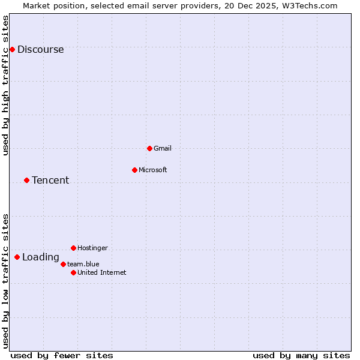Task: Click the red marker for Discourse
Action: pos(12,49)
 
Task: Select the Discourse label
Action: pos(40,50)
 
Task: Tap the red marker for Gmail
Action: pos(149,148)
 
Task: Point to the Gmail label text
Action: pos(163,148)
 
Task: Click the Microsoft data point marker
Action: pos(134,170)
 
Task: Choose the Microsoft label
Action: pos(152,170)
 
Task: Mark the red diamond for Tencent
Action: pos(26,180)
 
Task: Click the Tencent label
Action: pos(50,181)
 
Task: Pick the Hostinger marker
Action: pos(73,248)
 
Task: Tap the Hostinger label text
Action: pos(92,248)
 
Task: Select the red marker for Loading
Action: pos(17,257)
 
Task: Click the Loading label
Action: pos(41,257)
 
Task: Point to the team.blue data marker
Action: pos(63,264)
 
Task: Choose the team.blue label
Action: pos(83,264)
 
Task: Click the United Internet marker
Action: pos(73,272)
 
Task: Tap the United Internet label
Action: pos(101,272)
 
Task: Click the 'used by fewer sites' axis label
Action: pos(62,355)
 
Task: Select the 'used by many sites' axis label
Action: pos(301,355)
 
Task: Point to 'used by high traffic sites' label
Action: pos(6,85)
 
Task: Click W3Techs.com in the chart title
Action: pos(310,5)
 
